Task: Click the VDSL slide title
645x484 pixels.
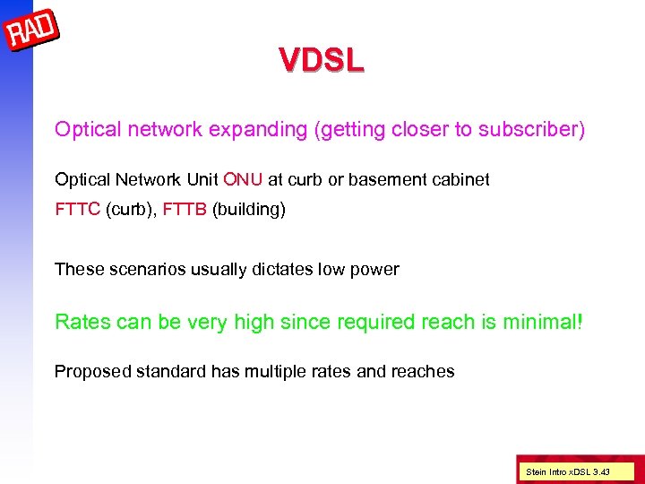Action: pyautogui.click(x=322, y=61)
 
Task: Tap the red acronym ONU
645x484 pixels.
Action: pyautogui.click(x=244, y=179)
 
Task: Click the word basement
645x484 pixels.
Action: pyautogui.click(x=384, y=179)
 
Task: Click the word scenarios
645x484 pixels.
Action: pyautogui.click(x=144, y=269)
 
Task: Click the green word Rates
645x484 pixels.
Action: pyautogui.click(x=82, y=321)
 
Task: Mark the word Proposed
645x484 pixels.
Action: pyautogui.click(x=90, y=371)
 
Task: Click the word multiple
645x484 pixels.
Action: pyautogui.click(x=274, y=371)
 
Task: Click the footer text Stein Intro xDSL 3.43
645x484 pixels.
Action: pyautogui.click(x=569, y=471)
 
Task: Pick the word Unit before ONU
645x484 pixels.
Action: pyautogui.click(x=201, y=179)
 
